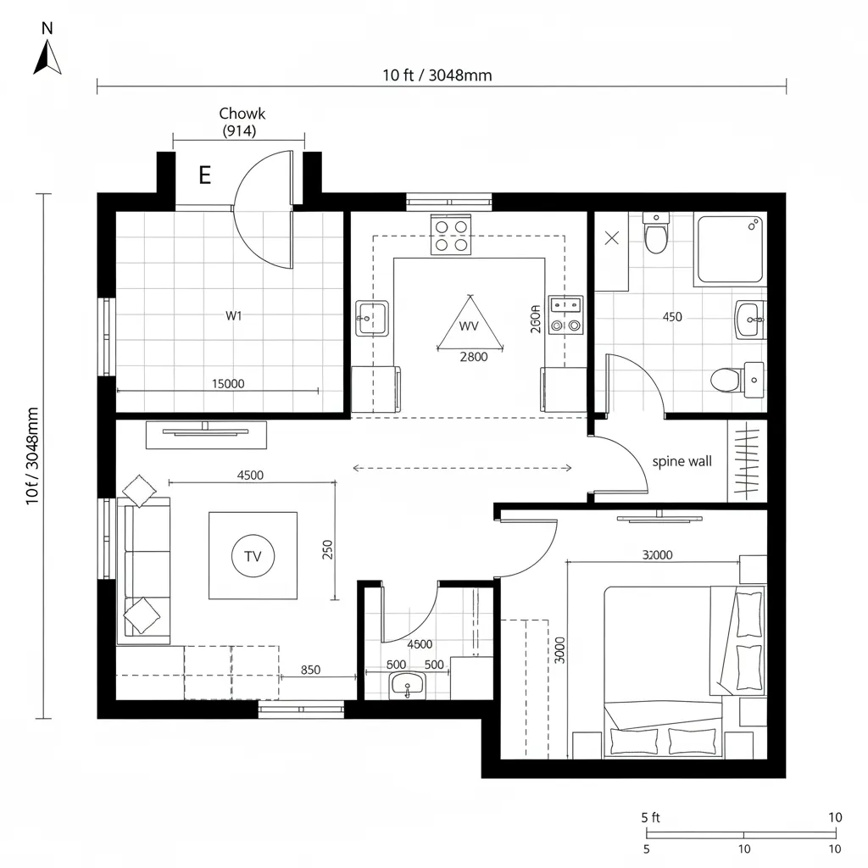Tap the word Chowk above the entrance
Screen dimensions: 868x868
242,114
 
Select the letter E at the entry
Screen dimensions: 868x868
204,175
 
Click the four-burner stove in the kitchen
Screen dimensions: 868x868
451,235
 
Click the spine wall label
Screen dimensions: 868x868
682,462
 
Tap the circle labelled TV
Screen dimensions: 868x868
253,557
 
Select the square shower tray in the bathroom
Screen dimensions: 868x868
731,248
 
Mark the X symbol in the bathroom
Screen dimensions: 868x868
612,238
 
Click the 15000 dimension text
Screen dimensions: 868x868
227,383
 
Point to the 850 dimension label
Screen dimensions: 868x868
311,670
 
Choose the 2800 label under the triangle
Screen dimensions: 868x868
473,357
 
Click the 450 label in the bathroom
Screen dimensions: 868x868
671,317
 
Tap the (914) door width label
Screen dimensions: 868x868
239,131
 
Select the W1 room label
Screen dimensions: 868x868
234,315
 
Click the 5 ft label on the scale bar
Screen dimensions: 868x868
650,817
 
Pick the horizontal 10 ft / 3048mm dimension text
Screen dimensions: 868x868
437,75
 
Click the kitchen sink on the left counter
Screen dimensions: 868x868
371,318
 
